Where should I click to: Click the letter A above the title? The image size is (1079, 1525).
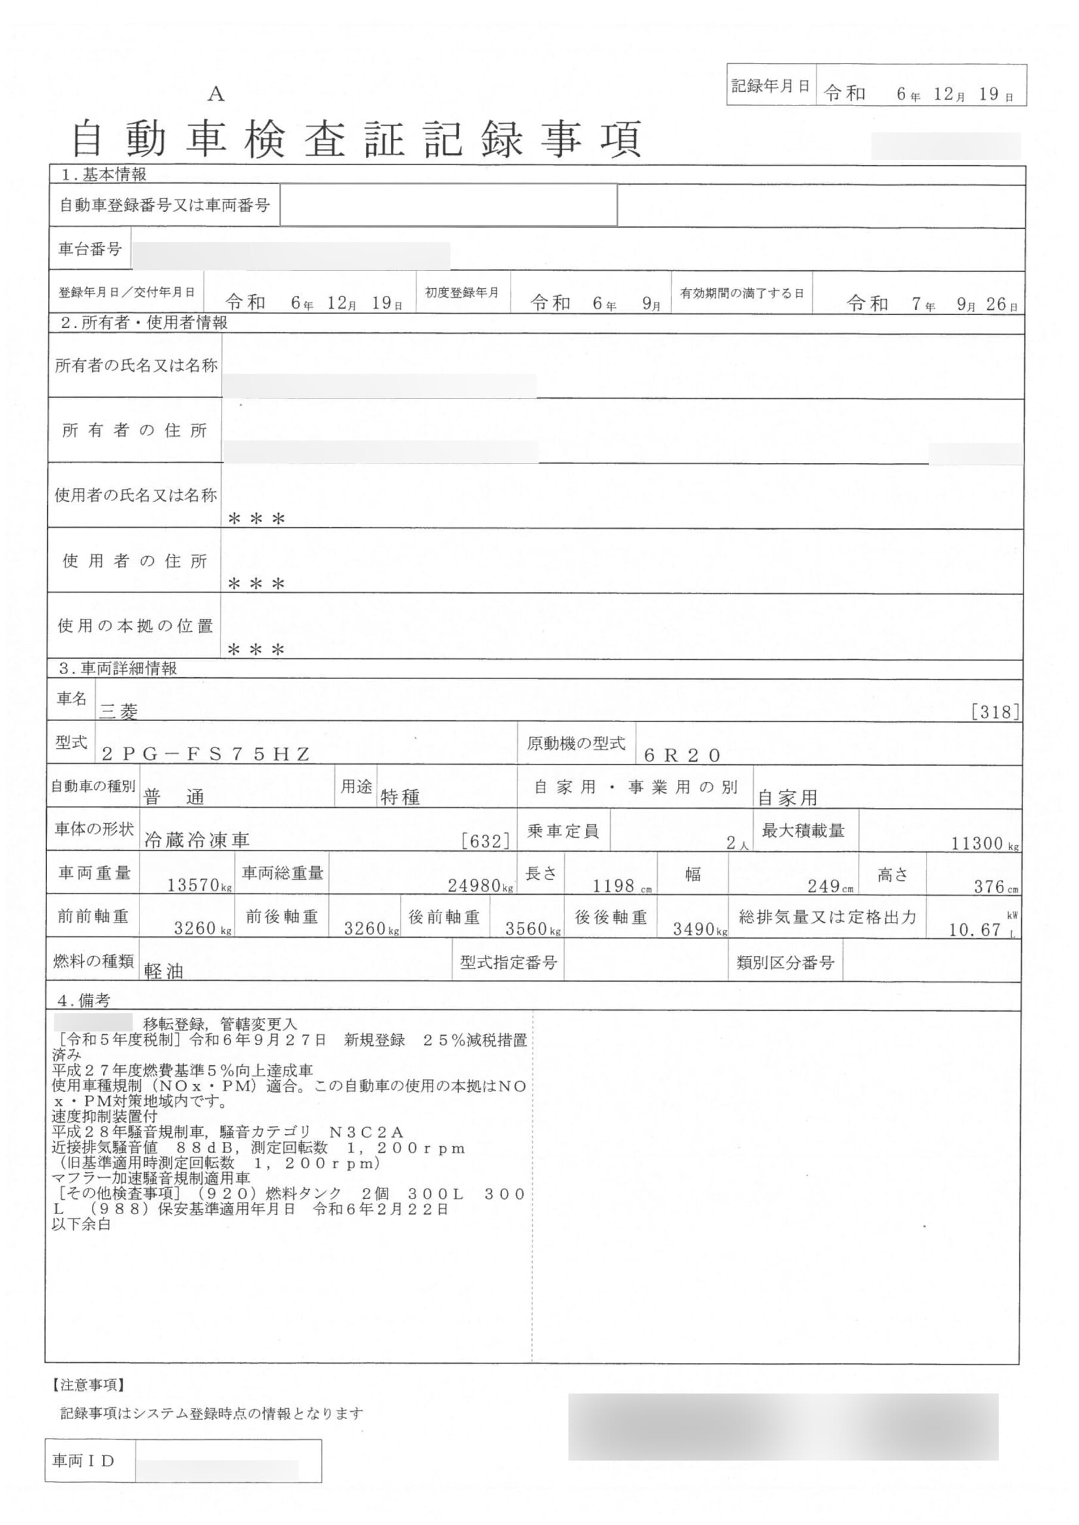216,95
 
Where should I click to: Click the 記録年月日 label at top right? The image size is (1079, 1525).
771,86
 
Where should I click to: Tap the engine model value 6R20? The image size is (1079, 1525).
682,755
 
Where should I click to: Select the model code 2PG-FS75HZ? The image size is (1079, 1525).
206,754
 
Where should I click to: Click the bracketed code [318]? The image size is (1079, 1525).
994,712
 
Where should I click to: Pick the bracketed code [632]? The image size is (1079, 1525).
486,841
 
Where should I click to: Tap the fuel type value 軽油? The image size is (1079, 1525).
163,971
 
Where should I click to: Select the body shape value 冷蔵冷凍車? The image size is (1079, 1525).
197,840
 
